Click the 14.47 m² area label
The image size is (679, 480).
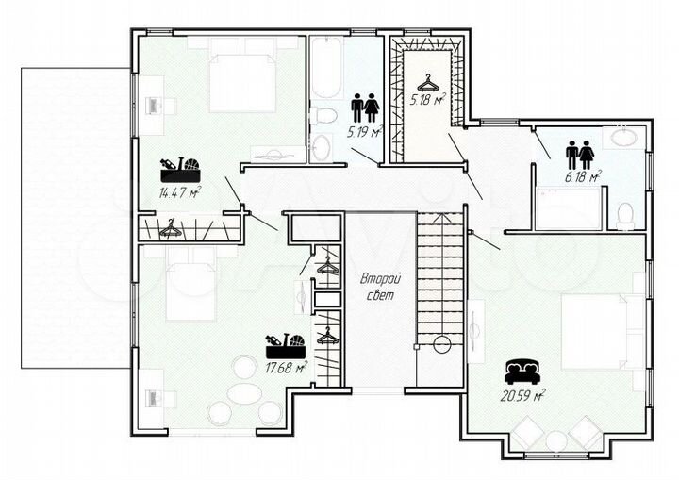tap(180, 192)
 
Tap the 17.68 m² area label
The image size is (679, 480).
tap(287, 368)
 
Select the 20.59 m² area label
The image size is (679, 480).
tap(522, 395)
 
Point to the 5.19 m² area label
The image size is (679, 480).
tap(365, 131)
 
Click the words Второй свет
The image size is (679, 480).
tap(381, 287)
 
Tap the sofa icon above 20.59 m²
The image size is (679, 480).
tap(522, 372)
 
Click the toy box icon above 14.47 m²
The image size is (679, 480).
tap(180, 170)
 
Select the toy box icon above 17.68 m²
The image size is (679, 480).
tap(286, 346)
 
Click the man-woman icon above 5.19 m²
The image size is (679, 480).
tap(365, 108)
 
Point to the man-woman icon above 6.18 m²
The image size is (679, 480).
tap(579, 155)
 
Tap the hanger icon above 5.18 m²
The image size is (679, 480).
tap(427, 83)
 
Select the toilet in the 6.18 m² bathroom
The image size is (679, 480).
tap(624, 216)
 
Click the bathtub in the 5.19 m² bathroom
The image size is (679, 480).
tap(326, 70)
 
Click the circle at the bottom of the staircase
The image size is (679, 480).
tap(442, 345)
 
